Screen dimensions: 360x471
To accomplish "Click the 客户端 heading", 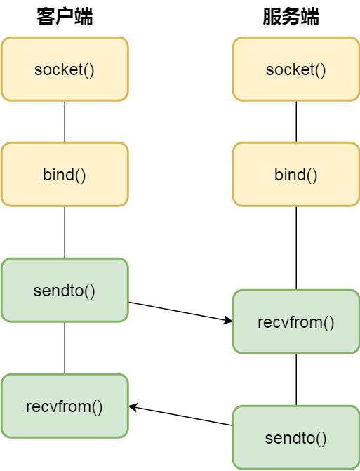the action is pos(65,17).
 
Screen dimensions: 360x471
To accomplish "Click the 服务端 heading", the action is pos(291,17).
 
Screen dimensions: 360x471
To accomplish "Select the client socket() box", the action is pos(65,69).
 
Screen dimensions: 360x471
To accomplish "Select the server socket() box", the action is pos(296,69).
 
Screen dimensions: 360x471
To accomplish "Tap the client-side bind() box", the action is pos(65,174).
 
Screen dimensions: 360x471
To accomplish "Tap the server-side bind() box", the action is pos(296,174).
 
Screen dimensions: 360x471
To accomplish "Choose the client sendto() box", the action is pos(65,290).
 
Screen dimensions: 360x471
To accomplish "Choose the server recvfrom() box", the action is pos(296,321).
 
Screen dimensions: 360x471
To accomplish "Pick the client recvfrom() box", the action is pos(65,406).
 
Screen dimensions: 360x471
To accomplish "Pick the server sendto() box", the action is pos(296,437).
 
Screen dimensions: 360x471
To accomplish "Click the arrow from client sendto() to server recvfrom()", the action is pos(181,312).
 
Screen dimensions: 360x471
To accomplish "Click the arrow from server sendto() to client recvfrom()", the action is pos(181,416).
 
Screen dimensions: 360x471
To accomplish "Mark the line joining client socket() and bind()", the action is pos(65,121).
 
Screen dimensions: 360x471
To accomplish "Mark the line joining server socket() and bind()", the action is pos(296,121).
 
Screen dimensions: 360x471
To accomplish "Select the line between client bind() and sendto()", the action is pos(65,232).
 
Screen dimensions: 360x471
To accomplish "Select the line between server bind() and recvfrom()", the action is pos(296,248).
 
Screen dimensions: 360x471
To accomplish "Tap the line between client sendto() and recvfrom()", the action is pos(65,348).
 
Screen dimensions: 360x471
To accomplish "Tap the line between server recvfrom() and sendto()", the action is pos(296,379).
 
